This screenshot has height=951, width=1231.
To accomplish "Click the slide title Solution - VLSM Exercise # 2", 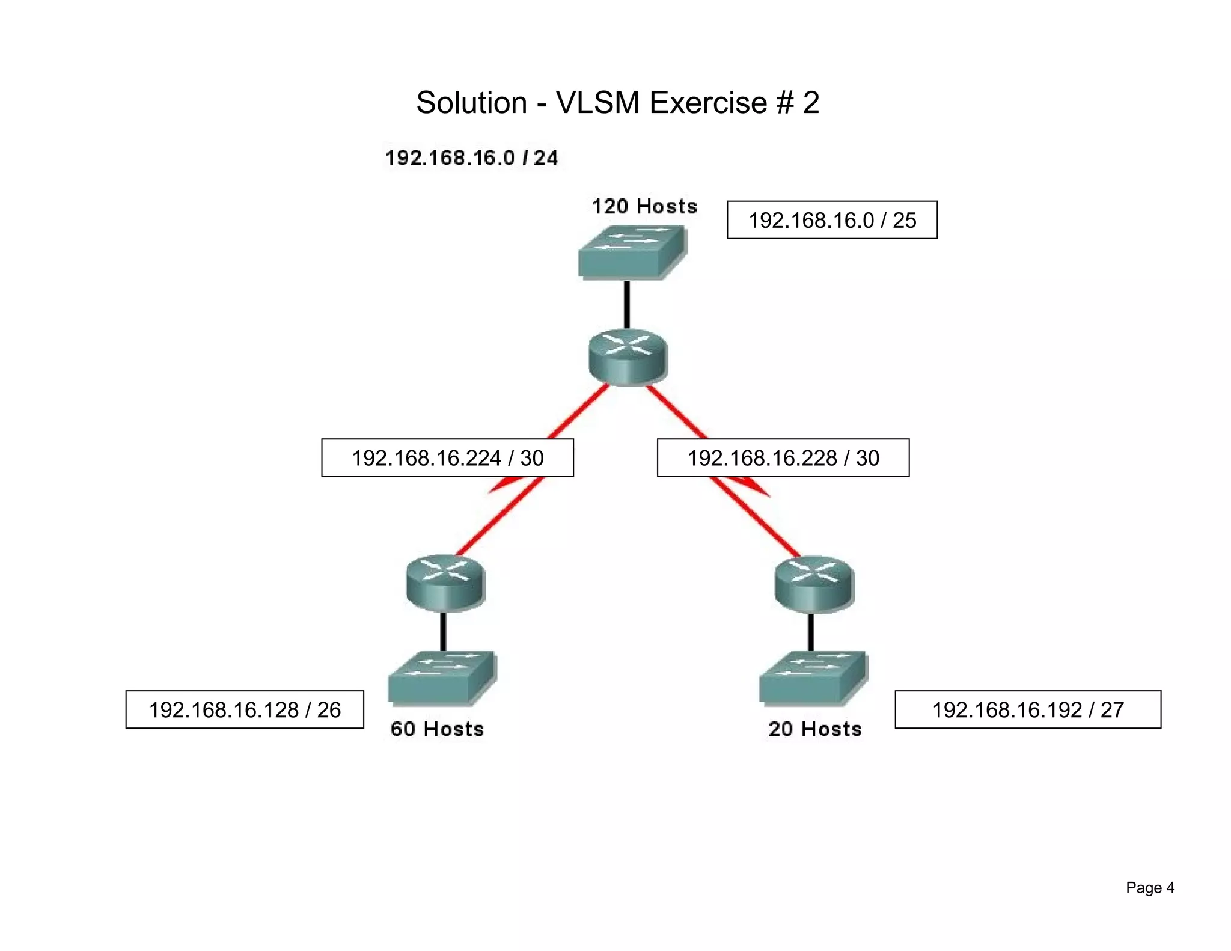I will (x=617, y=102).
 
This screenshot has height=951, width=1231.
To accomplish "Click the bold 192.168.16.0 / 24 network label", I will (x=471, y=158).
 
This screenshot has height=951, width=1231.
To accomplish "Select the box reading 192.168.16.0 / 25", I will (x=832, y=220).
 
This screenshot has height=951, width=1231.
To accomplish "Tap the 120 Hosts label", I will (x=644, y=206).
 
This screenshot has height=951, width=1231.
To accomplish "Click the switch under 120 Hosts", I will (x=631, y=252).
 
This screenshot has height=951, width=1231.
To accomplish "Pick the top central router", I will (x=628, y=356).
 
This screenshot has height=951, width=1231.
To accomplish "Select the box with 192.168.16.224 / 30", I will (x=447, y=458).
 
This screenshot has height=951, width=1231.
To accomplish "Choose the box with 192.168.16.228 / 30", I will (x=783, y=458).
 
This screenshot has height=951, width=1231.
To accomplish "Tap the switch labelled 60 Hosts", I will (x=442, y=677).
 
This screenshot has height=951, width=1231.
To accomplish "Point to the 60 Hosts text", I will (x=437, y=729).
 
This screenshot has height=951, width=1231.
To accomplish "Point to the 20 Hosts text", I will (x=814, y=729).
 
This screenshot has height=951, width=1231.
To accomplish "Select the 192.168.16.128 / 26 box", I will (x=245, y=710).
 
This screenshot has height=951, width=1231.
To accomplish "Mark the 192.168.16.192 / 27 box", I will (x=1028, y=710).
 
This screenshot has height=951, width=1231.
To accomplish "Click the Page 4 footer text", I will (x=1150, y=888).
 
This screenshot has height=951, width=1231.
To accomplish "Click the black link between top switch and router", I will (x=627, y=305).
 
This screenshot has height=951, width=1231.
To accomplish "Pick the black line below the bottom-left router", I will (x=444, y=631).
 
